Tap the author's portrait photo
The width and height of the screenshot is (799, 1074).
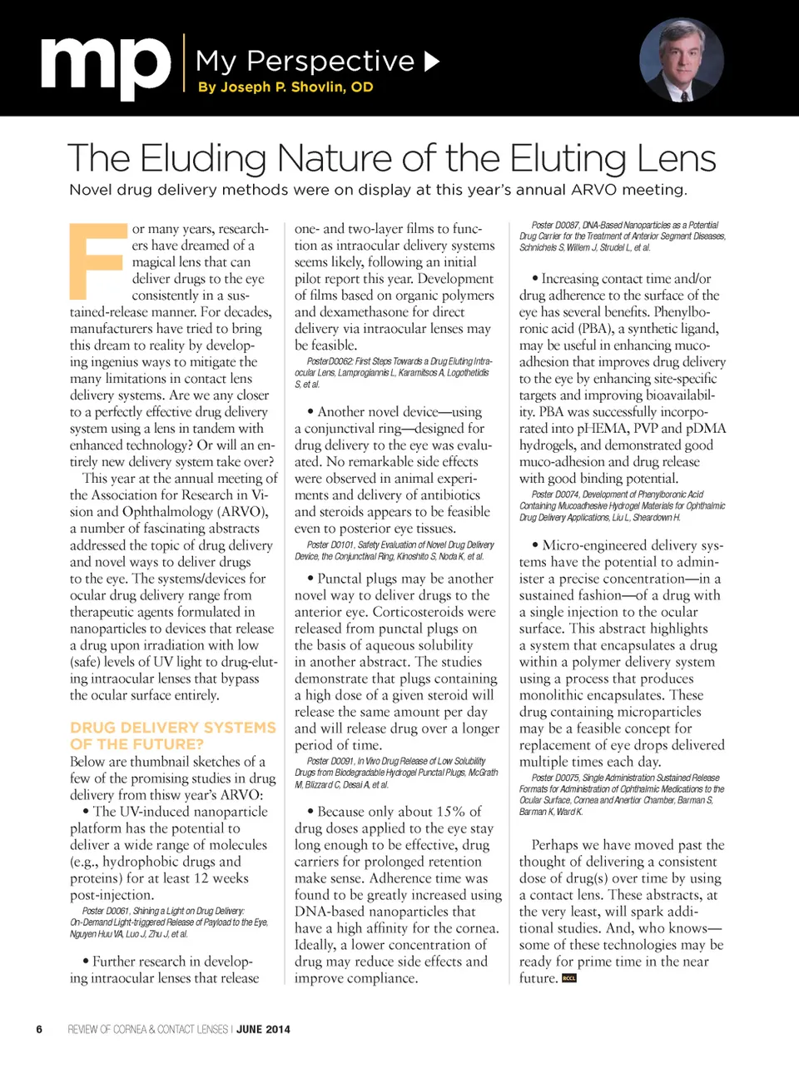tap(681, 60)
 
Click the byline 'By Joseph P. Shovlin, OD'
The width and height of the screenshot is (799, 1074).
tap(285, 87)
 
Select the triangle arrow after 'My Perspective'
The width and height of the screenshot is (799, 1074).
tap(431, 61)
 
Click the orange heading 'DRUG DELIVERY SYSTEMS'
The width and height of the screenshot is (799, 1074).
tap(172, 728)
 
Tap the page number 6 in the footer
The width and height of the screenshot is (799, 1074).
tap(39, 1029)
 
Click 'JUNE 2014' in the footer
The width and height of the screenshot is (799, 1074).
tap(263, 1029)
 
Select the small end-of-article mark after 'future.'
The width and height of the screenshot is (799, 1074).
tap(569, 978)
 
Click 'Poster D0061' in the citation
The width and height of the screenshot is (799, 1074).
tap(106, 911)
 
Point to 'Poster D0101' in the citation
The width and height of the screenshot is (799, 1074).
tap(330, 544)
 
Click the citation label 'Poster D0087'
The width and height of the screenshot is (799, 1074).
tap(554, 225)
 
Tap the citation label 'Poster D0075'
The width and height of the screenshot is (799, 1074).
tap(554, 778)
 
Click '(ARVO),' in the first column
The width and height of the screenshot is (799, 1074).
tap(241, 511)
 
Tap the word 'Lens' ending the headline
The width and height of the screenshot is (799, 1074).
tap(677, 158)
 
